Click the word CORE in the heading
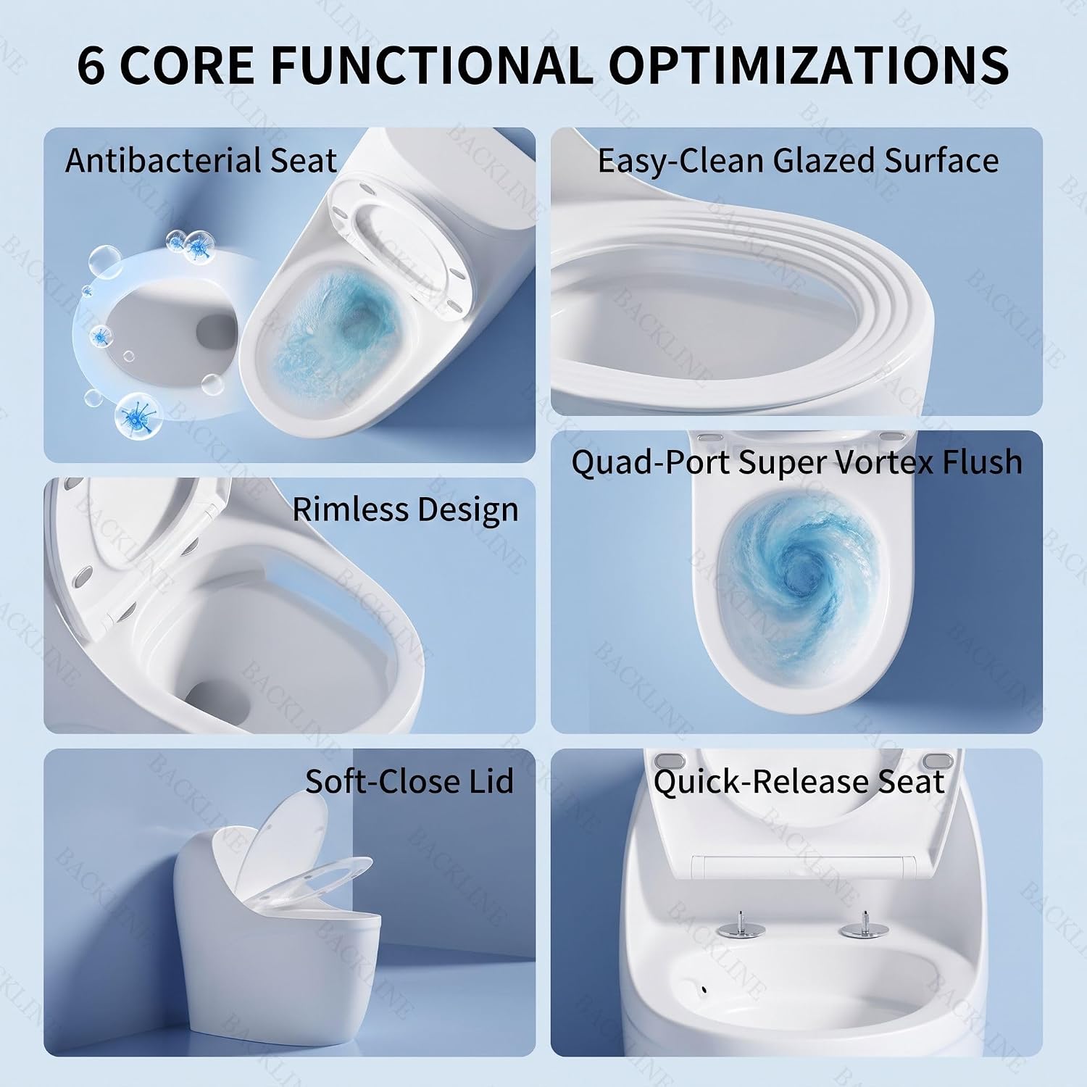186,66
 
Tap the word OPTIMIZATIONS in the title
809,66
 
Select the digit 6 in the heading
91,66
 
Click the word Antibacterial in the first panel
164,161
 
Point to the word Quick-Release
752,782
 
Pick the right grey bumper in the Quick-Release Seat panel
940,762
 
